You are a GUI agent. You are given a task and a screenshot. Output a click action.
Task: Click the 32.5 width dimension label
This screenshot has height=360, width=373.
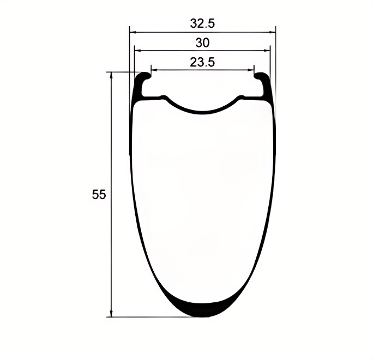click(x=202, y=23)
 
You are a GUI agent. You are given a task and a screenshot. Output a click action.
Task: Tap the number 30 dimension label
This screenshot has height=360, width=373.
click(x=202, y=43)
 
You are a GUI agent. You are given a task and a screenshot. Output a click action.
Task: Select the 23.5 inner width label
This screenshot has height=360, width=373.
click(x=202, y=62)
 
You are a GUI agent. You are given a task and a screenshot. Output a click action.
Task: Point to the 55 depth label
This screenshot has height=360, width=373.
click(x=99, y=194)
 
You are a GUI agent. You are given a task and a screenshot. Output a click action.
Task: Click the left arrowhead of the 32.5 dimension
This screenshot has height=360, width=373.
click(x=133, y=32)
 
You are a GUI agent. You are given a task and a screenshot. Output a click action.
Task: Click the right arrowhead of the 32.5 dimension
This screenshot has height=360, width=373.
click(x=273, y=32)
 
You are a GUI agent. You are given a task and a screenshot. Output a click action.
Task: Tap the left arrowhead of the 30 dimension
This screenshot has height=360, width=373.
click(x=137, y=50)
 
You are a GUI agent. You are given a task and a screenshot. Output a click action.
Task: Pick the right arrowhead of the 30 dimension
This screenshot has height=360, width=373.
click(x=267, y=50)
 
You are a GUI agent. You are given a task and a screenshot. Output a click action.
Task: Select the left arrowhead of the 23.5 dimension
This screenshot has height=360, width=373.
click(x=154, y=70)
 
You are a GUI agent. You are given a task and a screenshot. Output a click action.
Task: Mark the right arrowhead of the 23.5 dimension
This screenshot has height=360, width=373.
click(x=251, y=70)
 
